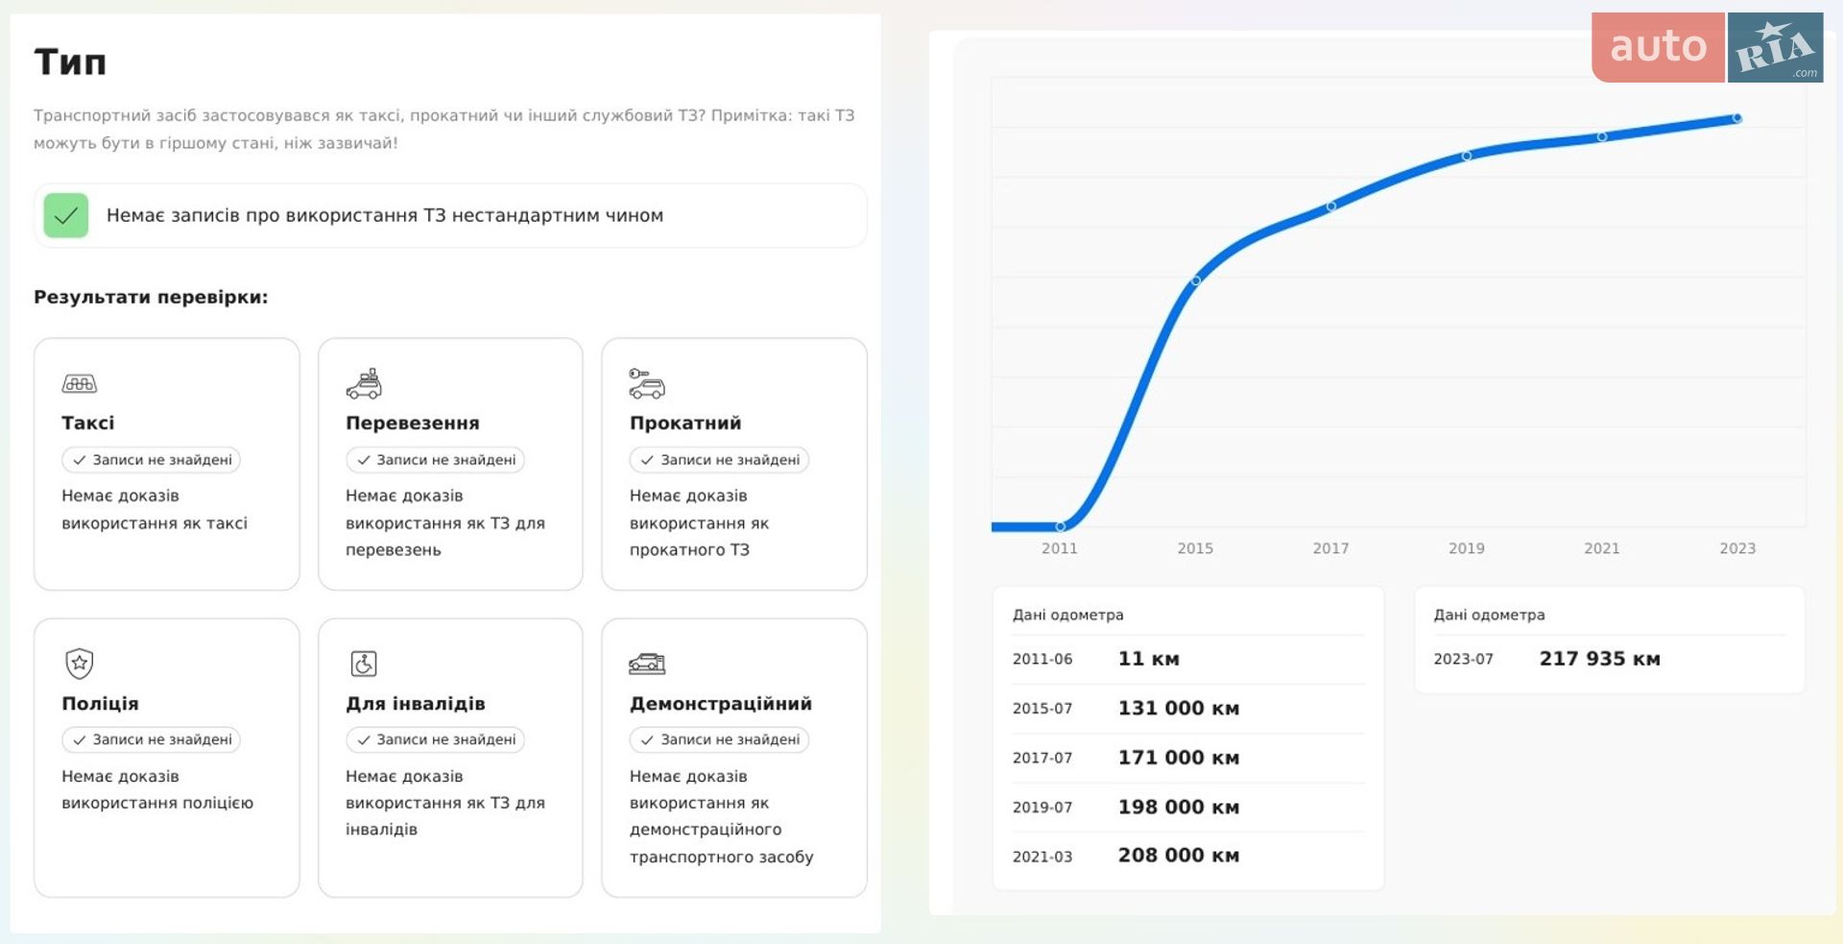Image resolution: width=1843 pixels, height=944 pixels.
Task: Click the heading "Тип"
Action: (x=70, y=62)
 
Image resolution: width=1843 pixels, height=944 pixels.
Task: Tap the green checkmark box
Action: (x=66, y=215)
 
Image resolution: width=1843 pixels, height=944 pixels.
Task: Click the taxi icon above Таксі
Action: (x=80, y=384)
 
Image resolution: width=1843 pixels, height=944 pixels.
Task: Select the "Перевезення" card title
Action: (x=413, y=423)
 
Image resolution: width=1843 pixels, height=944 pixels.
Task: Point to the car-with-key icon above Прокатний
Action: (x=647, y=383)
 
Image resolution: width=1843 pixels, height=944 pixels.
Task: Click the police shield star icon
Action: (x=79, y=663)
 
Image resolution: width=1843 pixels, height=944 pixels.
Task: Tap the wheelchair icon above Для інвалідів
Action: (x=364, y=664)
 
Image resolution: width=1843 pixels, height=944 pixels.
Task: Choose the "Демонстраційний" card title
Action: (x=721, y=703)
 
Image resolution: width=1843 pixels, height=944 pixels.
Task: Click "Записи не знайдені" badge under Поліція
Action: (x=152, y=739)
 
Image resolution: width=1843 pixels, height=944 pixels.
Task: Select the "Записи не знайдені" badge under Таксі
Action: (x=152, y=460)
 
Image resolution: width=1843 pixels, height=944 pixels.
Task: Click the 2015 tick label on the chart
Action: (x=1195, y=548)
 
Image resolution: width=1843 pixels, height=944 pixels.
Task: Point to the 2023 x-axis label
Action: (x=1737, y=548)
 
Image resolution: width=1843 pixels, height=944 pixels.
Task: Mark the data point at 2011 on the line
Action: (x=1061, y=526)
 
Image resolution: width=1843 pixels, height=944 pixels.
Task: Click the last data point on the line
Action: (x=1737, y=118)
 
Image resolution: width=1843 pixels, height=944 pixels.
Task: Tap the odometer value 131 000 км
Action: (x=1179, y=708)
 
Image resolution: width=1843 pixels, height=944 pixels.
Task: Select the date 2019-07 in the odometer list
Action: (x=1042, y=808)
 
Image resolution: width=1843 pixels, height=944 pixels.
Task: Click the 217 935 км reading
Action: (x=1600, y=659)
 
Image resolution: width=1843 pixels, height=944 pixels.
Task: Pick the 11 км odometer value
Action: (x=1149, y=659)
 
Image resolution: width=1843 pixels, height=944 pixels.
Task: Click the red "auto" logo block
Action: (x=1658, y=47)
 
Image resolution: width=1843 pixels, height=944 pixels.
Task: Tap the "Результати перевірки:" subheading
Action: (x=151, y=297)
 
